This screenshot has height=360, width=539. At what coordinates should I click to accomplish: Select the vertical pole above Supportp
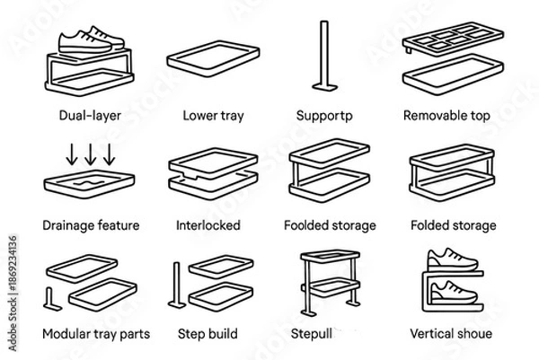tap(322, 54)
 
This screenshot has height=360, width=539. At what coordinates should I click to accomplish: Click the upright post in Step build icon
tap(177, 285)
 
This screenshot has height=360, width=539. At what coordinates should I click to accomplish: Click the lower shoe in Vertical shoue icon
tap(453, 293)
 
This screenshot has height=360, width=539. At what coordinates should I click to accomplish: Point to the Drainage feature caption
tap(91, 225)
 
